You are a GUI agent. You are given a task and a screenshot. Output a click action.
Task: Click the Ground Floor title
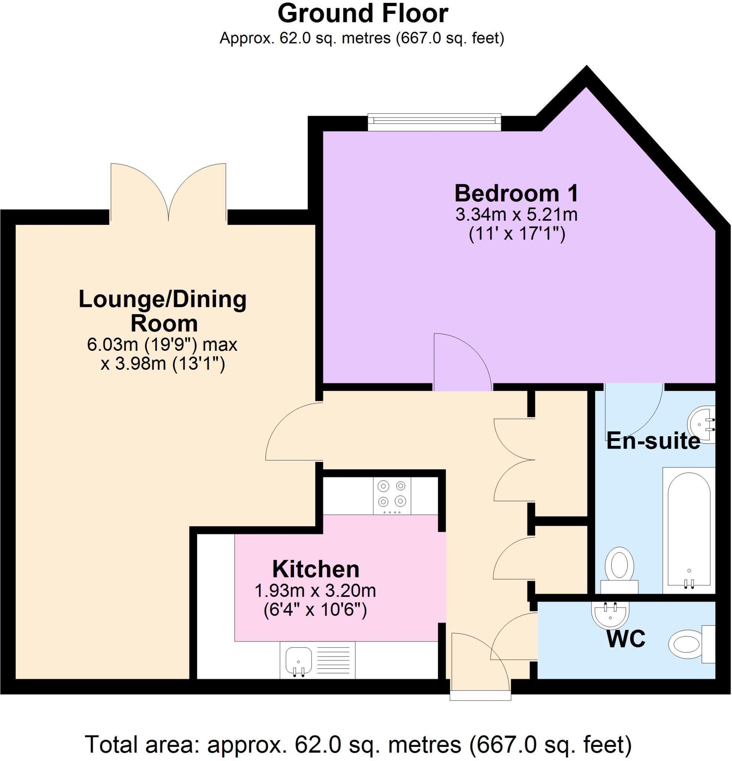362,14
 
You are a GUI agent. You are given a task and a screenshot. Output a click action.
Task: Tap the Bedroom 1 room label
516,193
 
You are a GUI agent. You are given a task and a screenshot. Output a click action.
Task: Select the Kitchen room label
316,569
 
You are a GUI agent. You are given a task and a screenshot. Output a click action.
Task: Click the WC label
626,638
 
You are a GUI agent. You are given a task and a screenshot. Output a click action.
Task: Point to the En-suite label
653,441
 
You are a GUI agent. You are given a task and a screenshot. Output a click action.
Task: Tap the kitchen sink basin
298,661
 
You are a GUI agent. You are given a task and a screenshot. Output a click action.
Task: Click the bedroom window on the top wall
435,123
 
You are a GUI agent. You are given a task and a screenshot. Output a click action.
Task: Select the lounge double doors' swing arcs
168,192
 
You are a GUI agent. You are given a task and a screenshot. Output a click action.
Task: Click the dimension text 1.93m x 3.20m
315,591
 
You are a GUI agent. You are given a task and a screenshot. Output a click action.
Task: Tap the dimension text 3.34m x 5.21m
516,215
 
